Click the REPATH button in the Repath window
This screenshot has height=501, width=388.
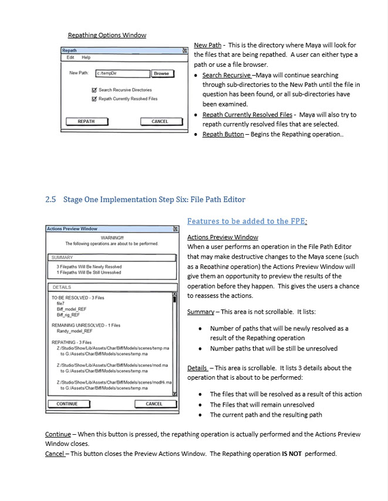click(86, 121)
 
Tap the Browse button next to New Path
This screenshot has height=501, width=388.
click(161, 73)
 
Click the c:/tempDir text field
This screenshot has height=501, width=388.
click(122, 73)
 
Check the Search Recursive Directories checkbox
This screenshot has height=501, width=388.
click(94, 90)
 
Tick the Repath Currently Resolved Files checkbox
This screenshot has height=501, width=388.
click(94, 99)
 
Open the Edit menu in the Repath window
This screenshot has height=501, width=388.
click(70, 57)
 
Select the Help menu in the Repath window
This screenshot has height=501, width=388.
click(86, 57)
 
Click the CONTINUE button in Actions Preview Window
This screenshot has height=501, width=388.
click(67, 404)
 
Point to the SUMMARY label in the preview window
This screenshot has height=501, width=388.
click(62, 257)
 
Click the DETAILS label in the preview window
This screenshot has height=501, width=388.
click(62, 287)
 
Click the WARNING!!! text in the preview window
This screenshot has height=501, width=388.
click(112, 237)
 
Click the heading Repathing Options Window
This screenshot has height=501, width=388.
click(107, 35)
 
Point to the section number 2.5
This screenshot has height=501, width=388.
click(50, 199)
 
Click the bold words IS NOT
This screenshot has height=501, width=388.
click(291, 454)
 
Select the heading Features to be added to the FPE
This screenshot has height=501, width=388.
click(247, 221)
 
